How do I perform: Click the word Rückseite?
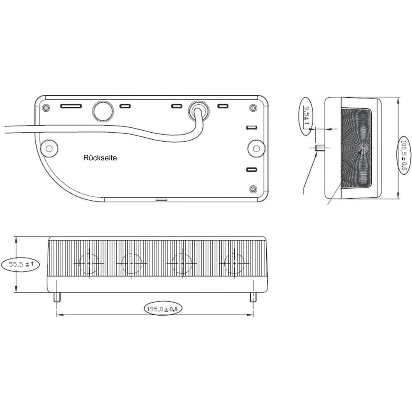[100, 157]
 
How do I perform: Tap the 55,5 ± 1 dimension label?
[21, 264]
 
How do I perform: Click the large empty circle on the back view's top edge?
[103, 110]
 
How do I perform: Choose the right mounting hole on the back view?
[257, 147]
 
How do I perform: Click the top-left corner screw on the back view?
[45, 108]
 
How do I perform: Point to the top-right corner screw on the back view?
[253, 108]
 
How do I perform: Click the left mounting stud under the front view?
[57, 297]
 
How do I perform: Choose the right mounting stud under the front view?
[253, 297]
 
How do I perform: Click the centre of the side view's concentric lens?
[363, 147]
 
